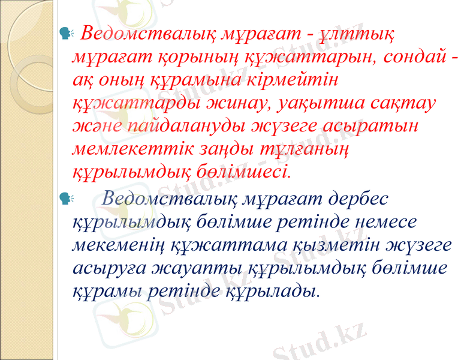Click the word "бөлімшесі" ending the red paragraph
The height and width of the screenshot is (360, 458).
[244, 172]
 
